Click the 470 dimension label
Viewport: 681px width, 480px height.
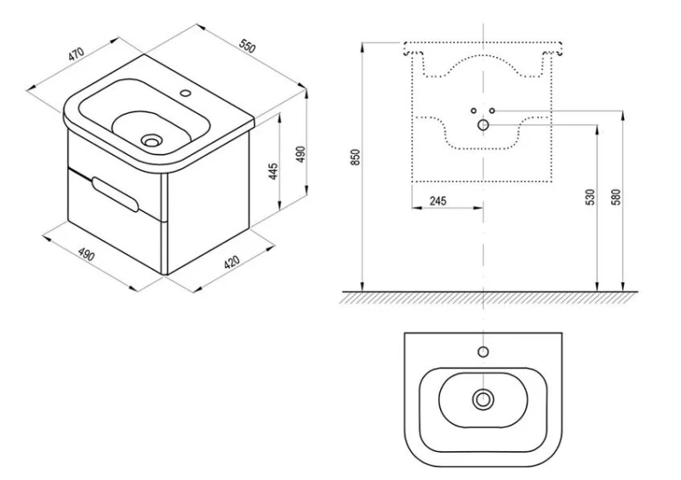(76, 54)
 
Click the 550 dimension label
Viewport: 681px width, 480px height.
(248, 46)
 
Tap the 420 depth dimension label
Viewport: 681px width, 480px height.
(232, 262)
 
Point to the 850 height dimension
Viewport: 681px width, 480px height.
(356, 157)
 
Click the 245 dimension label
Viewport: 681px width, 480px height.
(438, 201)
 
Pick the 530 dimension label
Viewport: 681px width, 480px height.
(590, 197)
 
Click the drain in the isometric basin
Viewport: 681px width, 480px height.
(152, 140)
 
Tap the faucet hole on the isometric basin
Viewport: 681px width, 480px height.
(186, 93)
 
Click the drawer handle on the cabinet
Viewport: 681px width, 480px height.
(116, 194)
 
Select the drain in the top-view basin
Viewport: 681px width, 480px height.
(483, 399)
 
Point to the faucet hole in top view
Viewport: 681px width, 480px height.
(483, 351)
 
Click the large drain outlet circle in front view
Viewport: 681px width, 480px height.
(483, 125)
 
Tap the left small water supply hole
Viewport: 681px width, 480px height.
(474, 111)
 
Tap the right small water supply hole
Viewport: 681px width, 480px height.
(492, 111)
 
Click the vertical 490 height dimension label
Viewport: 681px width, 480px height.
(301, 154)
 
